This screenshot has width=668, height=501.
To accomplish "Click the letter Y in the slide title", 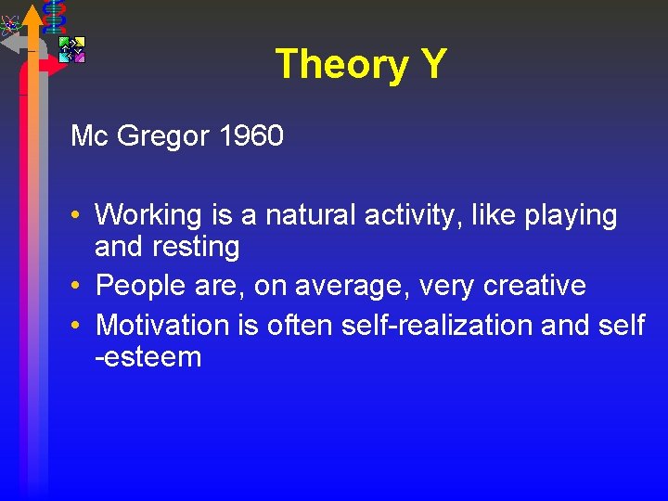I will pyautogui.click(x=431, y=65).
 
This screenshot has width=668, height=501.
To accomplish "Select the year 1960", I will pyautogui.click(x=250, y=136).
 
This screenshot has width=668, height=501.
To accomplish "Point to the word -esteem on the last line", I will pyautogui.click(x=148, y=357).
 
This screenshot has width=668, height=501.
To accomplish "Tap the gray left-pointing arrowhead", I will pyautogui.click(x=10, y=42).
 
